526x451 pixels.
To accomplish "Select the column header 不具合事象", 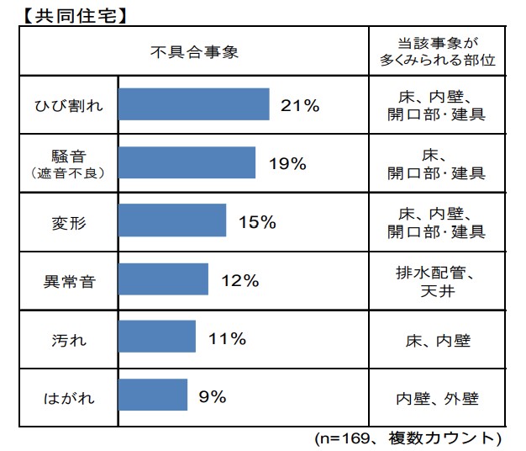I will pyautogui.click(x=194, y=51).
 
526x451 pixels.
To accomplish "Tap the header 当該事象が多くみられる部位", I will pyautogui.click(x=436, y=51).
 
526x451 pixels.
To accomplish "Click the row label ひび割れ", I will pyautogui.click(x=68, y=105).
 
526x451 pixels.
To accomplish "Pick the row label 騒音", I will pyautogui.click(x=68, y=156).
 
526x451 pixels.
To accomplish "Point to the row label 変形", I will pyautogui.click(x=68, y=222).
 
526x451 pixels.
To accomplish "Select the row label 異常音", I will pyautogui.click(x=68, y=280).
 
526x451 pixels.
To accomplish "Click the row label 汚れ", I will pyautogui.click(x=68, y=339).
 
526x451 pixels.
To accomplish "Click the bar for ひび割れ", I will pyautogui.click(x=193, y=105).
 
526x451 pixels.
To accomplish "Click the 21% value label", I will pyautogui.click(x=300, y=106).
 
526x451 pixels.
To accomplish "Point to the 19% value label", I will pyautogui.click(x=287, y=164).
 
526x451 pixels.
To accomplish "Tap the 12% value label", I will pyautogui.click(x=239, y=281).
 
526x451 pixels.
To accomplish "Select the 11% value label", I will pyautogui.click(x=227, y=339).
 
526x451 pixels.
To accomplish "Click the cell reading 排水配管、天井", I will pyautogui.click(x=436, y=281).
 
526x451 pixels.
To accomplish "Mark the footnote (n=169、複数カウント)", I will pyautogui.click(x=408, y=439).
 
